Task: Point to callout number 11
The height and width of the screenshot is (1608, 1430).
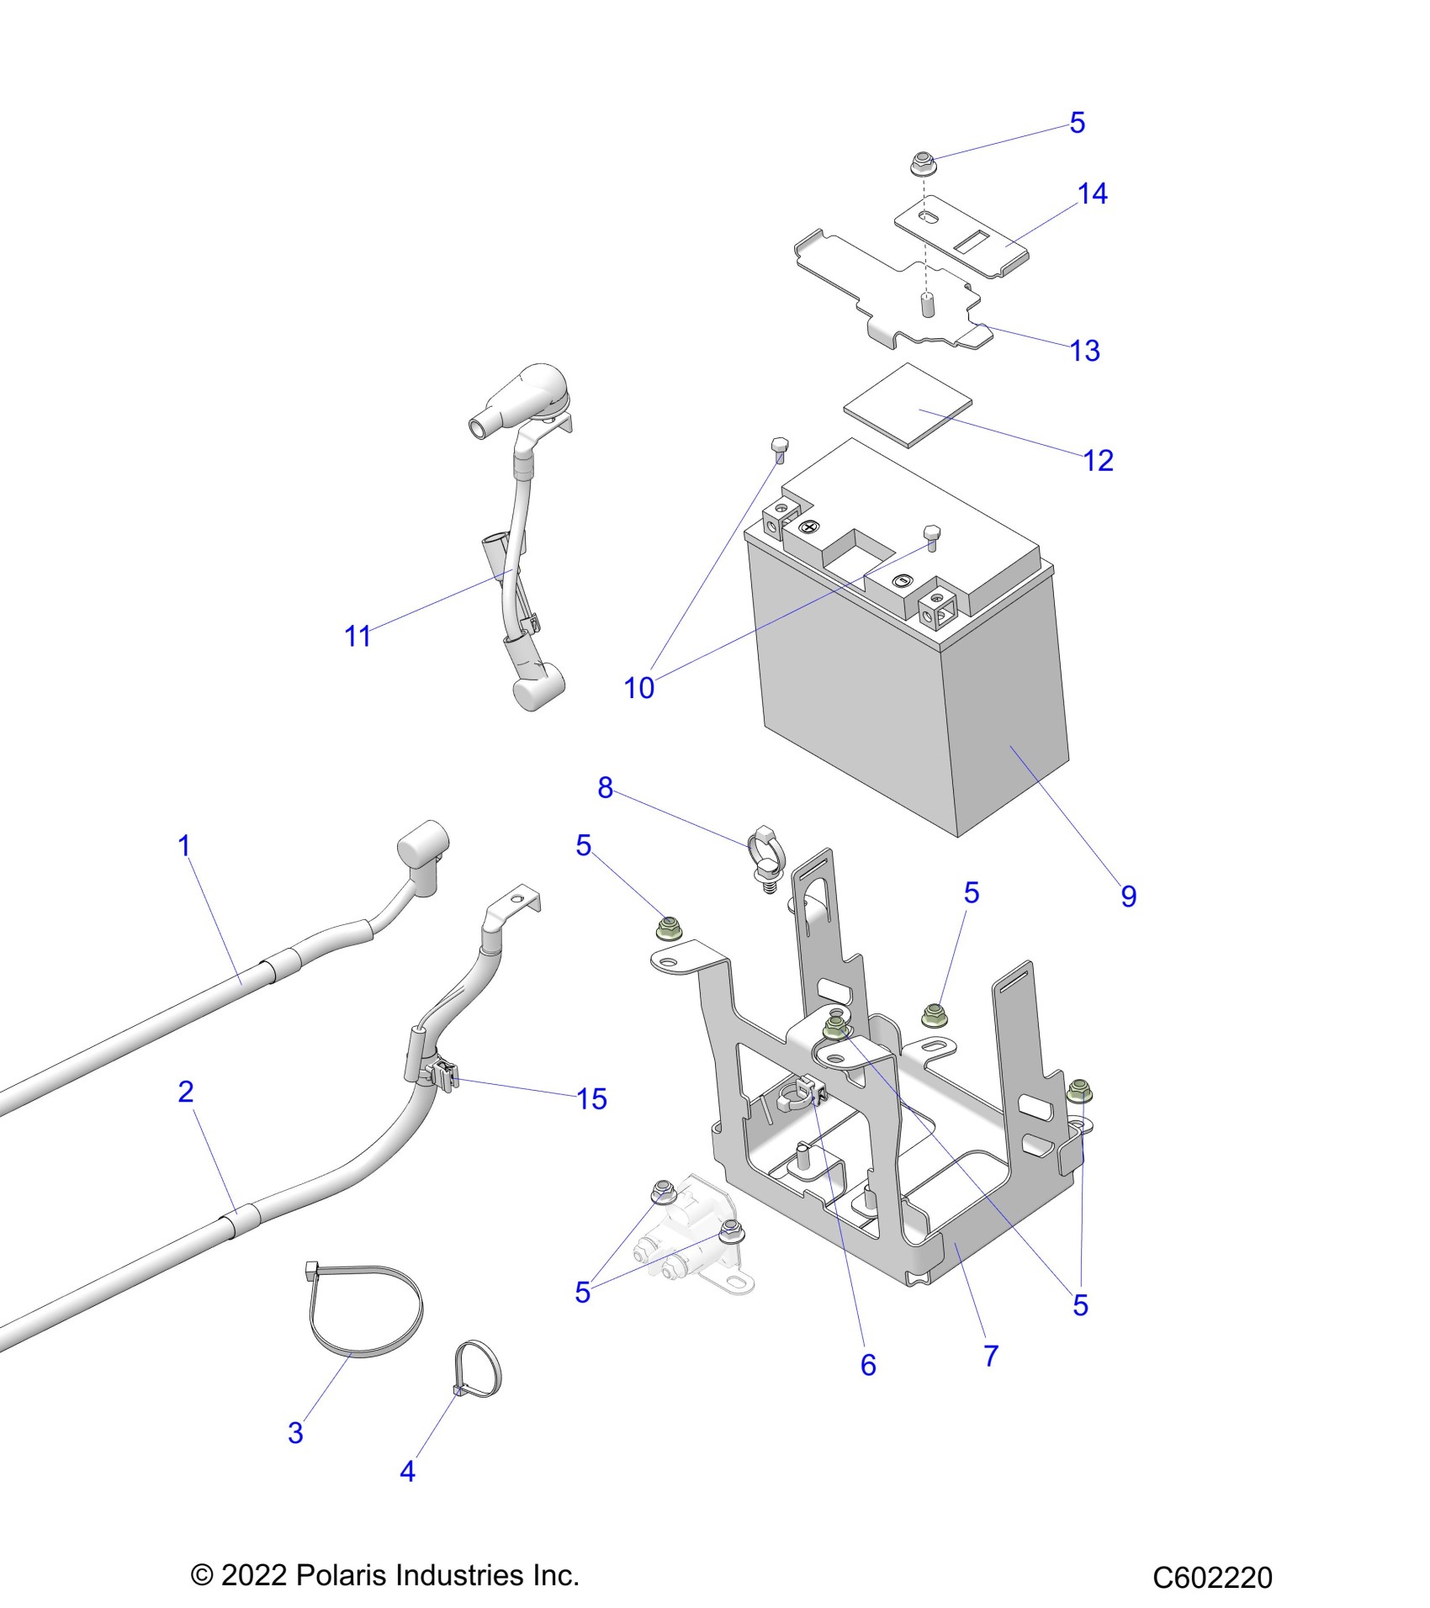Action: [357, 637]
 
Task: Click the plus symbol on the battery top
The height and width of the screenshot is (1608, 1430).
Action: [809, 527]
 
